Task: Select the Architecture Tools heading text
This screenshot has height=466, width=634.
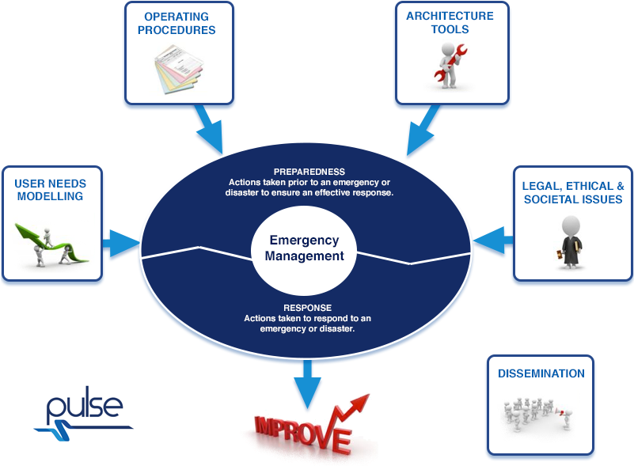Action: [x=449, y=22]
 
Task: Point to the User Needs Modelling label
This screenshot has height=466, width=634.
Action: [x=51, y=189]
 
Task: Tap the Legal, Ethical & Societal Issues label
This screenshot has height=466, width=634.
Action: [x=573, y=192]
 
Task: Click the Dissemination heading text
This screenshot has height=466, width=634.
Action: [x=541, y=373]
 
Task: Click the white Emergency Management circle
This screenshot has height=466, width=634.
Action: [x=304, y=248]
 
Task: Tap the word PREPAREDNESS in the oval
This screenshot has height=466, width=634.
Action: [x=309, y=171]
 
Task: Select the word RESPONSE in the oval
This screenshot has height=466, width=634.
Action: [x=307, y=307]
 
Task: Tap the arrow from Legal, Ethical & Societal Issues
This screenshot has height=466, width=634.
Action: [x=492, y=237]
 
